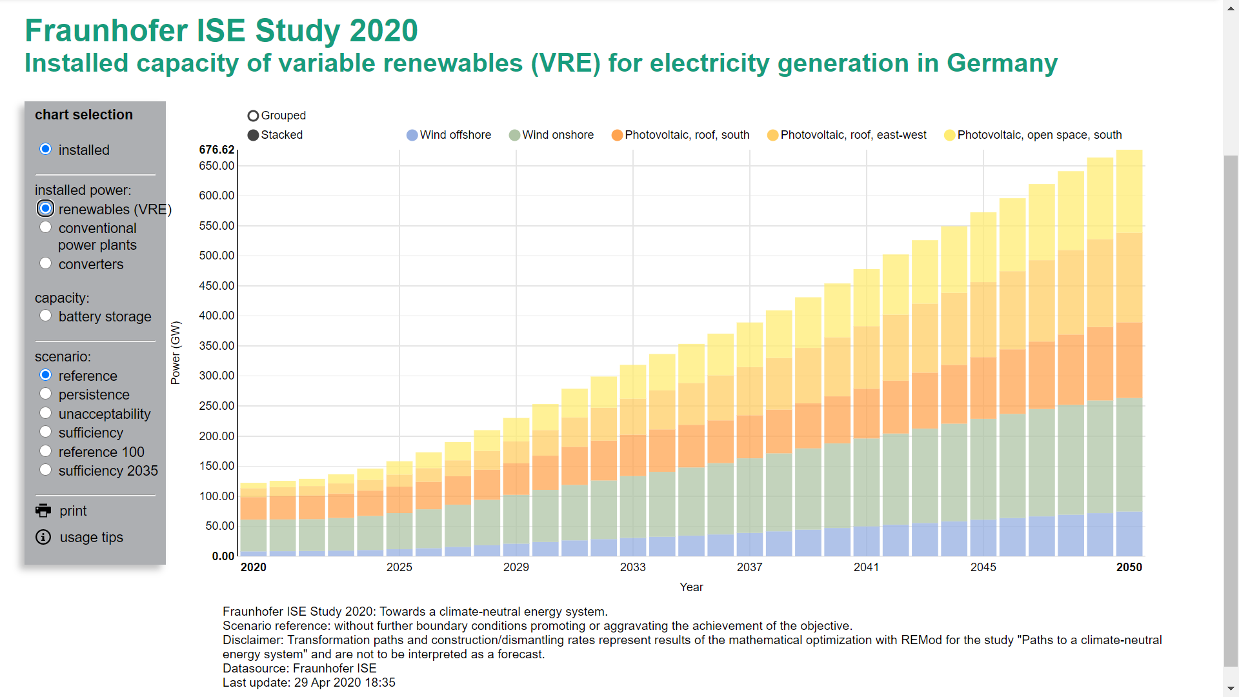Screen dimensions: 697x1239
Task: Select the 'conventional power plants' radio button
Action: tap(45, 227)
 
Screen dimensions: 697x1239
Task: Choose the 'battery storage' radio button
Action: tap(45, 316)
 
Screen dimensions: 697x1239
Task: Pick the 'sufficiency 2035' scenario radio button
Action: tap(45, 470)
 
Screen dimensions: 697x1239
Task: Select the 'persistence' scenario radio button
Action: tap(45, 394)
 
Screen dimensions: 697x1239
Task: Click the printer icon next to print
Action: tap(43, 510)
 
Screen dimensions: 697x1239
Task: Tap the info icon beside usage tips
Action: tap(43, 537)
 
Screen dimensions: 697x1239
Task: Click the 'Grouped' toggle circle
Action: tap(253, 116)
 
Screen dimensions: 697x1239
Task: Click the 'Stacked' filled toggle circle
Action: tap(253, 135)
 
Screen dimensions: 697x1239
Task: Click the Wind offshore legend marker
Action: tap(412, 135)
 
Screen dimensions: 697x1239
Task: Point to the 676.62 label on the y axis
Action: tap(217, 150)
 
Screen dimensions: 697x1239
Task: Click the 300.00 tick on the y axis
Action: tap(217, 376)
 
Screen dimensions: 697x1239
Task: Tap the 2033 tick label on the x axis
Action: tap(632, 567)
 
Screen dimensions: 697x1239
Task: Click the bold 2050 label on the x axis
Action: tap(1129, 567)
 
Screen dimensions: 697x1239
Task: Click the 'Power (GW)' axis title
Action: tap(176, 353)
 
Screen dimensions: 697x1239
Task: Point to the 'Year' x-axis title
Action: tap(691, 587)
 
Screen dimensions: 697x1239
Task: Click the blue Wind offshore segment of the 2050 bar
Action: tap(1129, 534)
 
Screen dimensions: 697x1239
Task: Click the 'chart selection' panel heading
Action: tap(84, 115)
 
